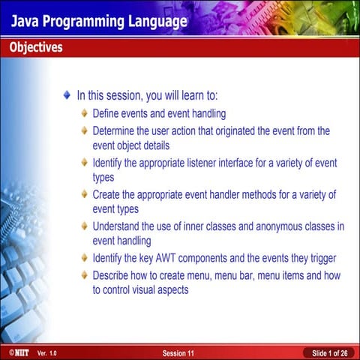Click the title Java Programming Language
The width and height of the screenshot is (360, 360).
point(98,21)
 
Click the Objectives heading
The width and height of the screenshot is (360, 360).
point(36,48)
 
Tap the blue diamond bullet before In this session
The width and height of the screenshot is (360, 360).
point(67,96)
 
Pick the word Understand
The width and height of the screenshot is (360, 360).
point(119,226)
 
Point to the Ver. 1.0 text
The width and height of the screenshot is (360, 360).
point(46,352)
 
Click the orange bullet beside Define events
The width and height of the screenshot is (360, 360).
point(85,115)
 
